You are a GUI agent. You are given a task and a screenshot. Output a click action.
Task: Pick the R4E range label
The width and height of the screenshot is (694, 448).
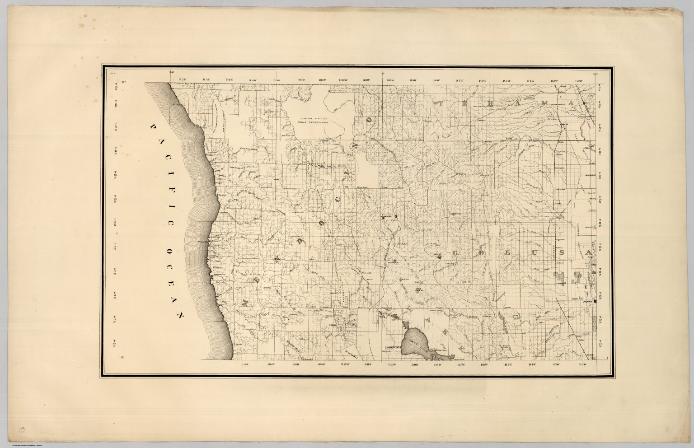(230, 80)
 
